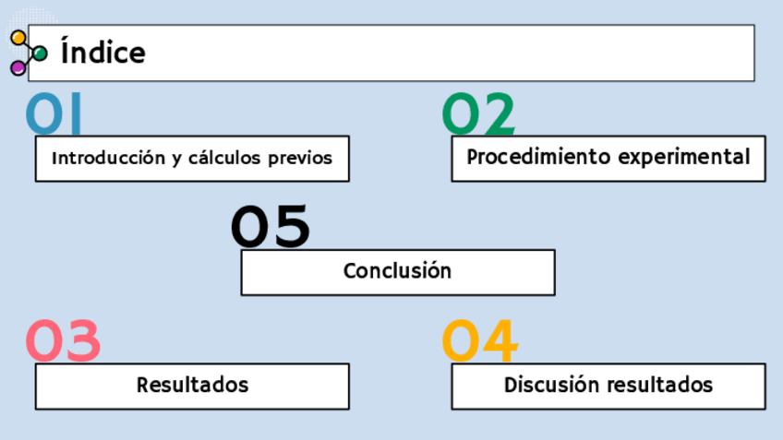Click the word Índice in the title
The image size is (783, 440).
point(102,53)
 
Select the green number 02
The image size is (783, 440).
point(478,114)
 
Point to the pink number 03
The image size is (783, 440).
point(63,340)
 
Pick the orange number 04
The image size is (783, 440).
point(480,340)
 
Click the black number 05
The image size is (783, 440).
point(270,227)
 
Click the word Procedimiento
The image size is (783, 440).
point(526,157)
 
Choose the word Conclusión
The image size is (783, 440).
point(397,271)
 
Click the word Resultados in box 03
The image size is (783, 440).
point(192,385)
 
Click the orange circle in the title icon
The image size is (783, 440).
point(18,38)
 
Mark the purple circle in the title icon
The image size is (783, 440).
point(18,67)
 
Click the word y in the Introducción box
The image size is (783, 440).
point(175,160)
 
